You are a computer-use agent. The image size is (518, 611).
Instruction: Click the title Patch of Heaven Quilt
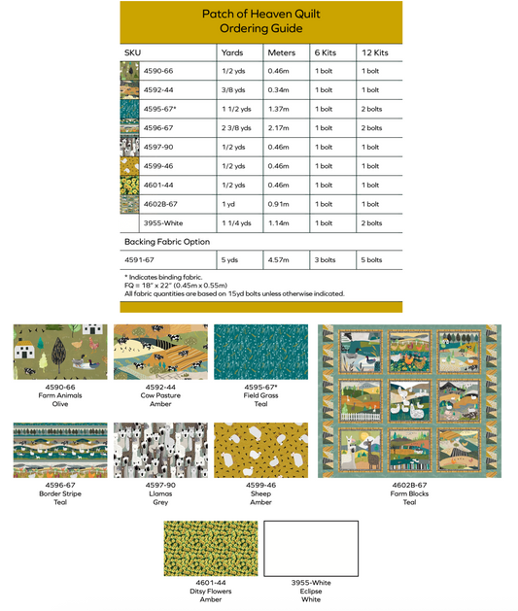tap(259, 15)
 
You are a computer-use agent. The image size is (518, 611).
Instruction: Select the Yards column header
tap(232, 51)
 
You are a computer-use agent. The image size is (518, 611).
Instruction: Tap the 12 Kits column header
tap(373, 51)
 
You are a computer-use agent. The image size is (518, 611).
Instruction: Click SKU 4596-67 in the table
tap(158, 127)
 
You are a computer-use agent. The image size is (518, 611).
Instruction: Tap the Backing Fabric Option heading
tap(167, 241)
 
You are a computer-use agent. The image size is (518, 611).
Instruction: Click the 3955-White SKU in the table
tap(163, 222)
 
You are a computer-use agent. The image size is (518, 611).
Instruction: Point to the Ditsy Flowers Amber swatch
tap(211, 548)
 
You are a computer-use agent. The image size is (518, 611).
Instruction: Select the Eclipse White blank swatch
tap(311, 548)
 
